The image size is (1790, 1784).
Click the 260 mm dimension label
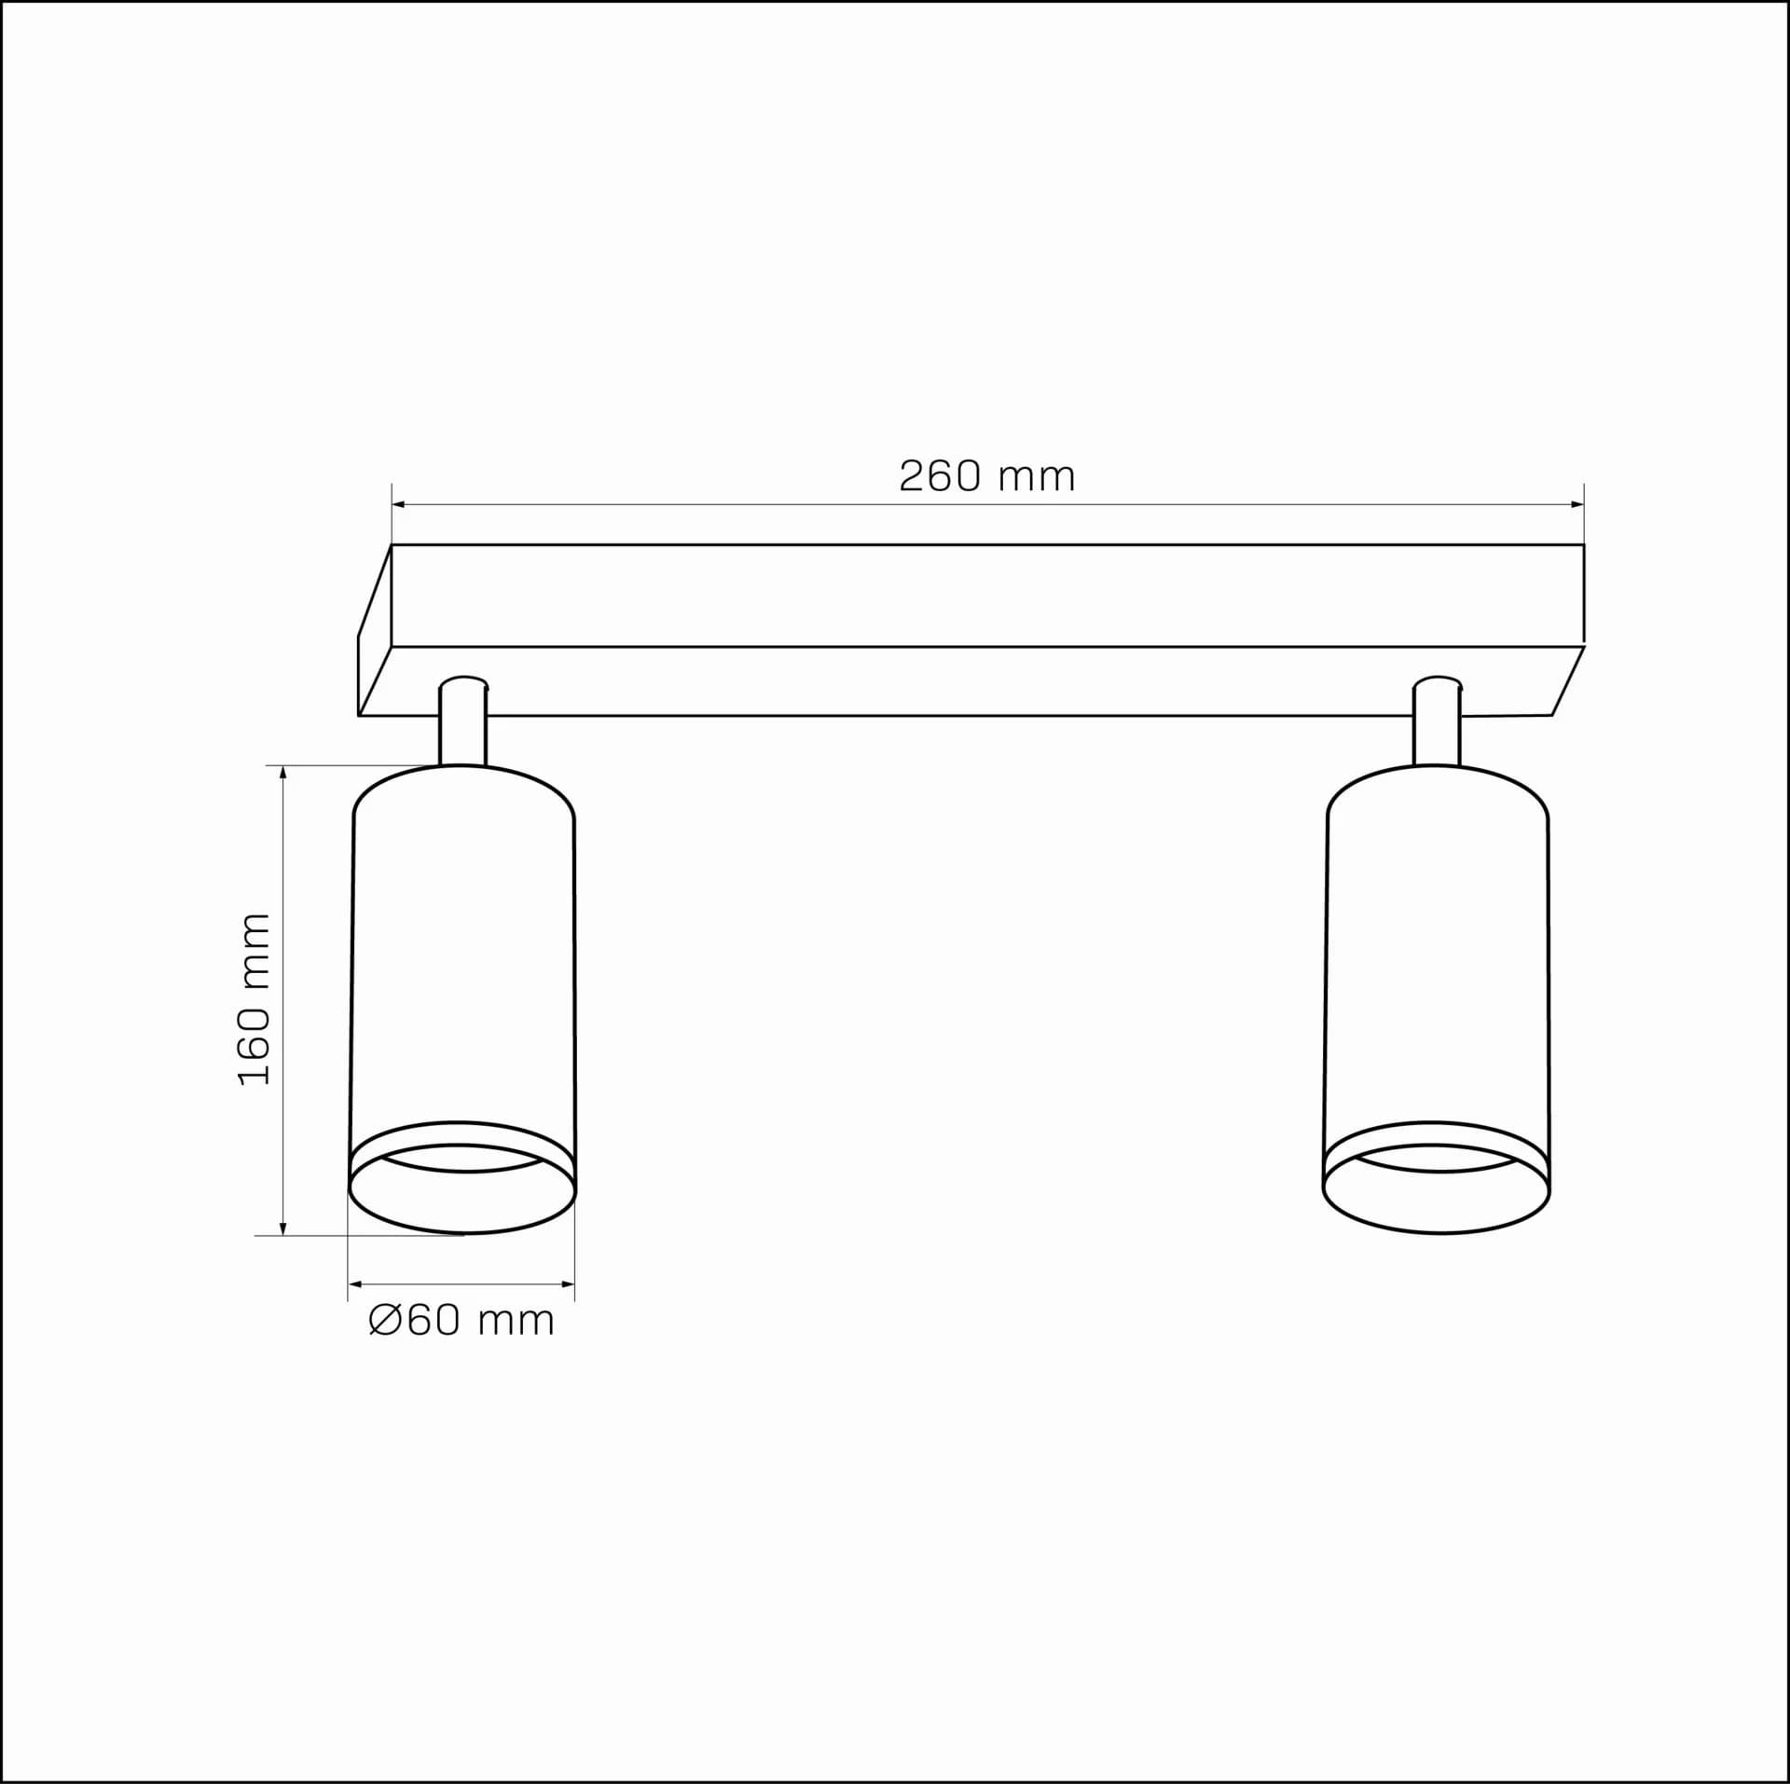click(x=987, y=476)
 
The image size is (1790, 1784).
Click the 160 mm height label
click(x=255, y=999)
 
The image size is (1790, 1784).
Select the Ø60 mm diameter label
click(x=461, y=1321)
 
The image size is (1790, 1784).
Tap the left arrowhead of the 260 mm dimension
click(x=399, y=504)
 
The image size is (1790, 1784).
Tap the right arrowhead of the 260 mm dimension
click(x=1577, y=504)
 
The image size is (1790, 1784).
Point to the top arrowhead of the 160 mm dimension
click(x=283, y=773)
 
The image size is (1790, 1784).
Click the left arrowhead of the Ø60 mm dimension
click(x=355, y=1284)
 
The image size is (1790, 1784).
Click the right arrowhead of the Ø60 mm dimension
click(x=568, y=1284)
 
